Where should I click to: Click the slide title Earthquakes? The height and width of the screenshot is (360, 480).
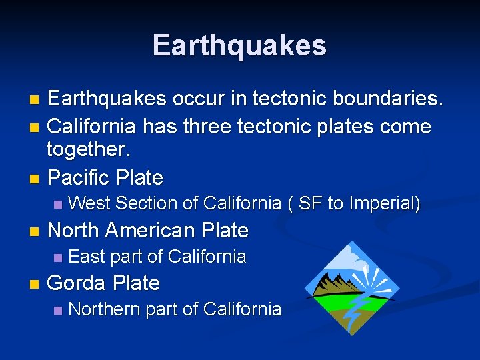click(239, 45)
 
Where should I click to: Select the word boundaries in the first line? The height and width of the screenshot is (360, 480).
click(383, 99)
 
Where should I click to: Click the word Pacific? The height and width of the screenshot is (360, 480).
click(79, 178)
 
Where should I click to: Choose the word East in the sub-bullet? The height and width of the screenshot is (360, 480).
click(87, 257)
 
